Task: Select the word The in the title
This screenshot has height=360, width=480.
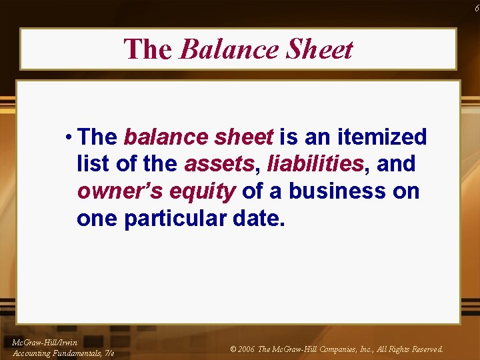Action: tap(147, 49)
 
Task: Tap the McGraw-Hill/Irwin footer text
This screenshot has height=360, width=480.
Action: tap(45, 343)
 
